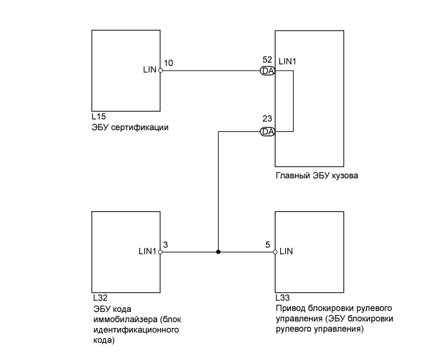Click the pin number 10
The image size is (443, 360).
[169, 63]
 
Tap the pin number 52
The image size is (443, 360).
[267, 60]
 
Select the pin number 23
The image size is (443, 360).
[267, 119]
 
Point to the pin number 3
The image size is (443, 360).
[166, 244]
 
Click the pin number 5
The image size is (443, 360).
[267, 244]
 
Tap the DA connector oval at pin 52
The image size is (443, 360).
[267, 71]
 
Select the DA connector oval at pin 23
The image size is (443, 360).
[267, 131]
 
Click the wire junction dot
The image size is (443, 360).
[219, 252]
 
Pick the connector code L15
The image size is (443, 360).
[99, 117]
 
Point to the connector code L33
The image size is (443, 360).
[282, 299]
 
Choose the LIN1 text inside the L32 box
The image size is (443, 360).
[147, 251]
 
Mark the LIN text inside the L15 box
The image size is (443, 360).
[150, 70]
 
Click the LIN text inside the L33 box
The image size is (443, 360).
[287, 251]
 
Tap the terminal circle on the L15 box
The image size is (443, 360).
[160, 71]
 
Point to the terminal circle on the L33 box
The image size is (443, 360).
[275, 252]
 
